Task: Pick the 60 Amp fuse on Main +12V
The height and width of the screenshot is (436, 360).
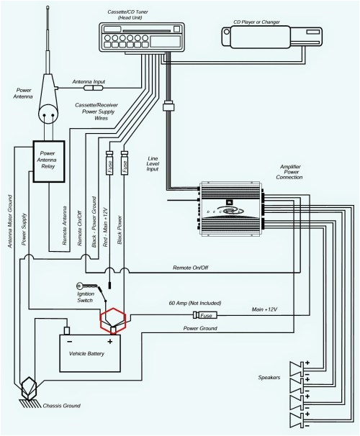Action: [204, 314]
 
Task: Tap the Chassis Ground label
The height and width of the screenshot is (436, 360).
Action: [61, 406]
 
